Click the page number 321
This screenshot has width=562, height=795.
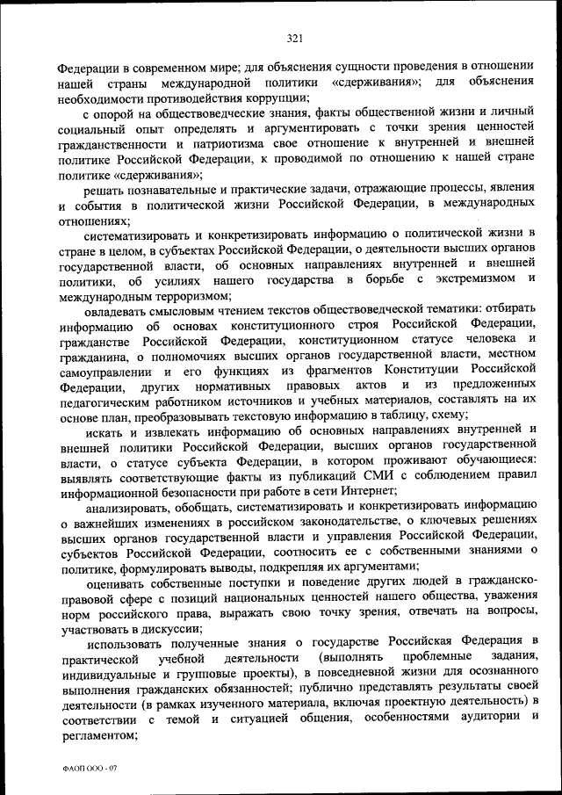294,37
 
